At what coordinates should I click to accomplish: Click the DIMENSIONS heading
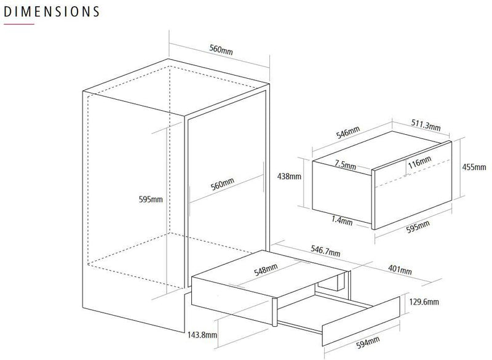click(52, 12)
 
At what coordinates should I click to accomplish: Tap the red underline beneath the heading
click(19, 24)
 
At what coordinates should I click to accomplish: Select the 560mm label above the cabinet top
click(221, 50)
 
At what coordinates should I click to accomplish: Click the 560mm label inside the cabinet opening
click(223, 184)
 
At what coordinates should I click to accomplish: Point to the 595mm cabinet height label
click(151, 199)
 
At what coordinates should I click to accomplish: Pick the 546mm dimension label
click(348, 132)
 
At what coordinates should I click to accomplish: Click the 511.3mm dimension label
click(426, 125)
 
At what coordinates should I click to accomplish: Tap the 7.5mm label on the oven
click(345, 164)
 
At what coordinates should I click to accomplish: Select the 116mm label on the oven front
click(420, 162)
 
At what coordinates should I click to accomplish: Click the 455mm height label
click(474, 167)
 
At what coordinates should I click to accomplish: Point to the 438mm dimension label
click(289, 177)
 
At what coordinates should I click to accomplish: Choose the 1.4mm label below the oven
click(342, 220)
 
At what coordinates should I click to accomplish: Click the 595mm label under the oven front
click(418, 227)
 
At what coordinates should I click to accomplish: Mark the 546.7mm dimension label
click(325, 250)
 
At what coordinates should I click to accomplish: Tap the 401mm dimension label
click(400, 270)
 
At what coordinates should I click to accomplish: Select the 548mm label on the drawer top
click(266, 270)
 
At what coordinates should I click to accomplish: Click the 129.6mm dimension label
click(424, 302)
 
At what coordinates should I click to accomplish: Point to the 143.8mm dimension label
click(202, 335)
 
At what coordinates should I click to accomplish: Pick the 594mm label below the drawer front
click(368, 342)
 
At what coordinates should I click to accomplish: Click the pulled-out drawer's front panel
click(361, 321)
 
